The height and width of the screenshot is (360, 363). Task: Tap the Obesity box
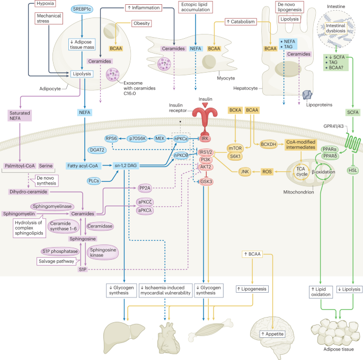pos(140,24)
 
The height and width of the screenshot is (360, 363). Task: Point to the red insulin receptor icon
pos(202,115)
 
